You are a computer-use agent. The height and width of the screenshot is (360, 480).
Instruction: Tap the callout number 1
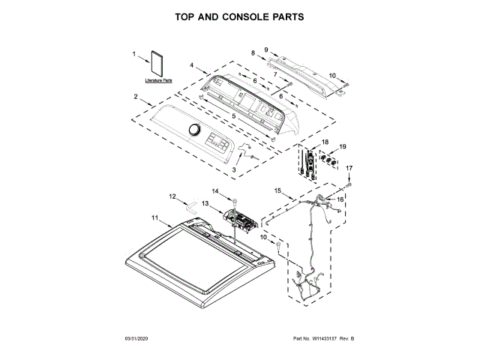[135, 54]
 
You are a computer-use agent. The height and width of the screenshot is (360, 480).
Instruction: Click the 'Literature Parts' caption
[158, 79]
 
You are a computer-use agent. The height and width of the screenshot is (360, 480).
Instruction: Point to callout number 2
[136, 96]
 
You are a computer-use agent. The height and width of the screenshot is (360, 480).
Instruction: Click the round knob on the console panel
[196, 130]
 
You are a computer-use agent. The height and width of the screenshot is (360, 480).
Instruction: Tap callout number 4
[192, 66]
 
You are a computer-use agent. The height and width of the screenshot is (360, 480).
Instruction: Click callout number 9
[265, 49]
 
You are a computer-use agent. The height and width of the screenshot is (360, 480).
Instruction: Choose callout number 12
[172, 196]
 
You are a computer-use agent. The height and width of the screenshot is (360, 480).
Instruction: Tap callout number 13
[204, 203]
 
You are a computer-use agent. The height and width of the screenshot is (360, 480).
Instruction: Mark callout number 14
[214, 191]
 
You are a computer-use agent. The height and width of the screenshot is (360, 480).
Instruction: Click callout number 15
[277, 191]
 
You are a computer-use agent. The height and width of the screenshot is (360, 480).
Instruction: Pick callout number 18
[325, 141]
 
